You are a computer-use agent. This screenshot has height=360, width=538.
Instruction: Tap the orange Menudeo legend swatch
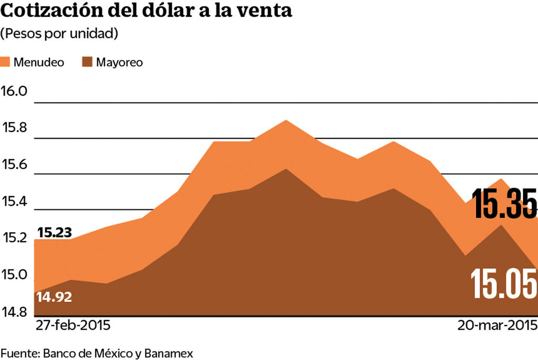click(6, 62)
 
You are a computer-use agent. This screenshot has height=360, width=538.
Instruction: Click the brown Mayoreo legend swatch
click(88, 62)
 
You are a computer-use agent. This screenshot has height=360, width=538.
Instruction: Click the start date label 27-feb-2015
click(73, 325)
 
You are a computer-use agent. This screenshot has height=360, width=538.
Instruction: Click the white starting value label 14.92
click(54, 297)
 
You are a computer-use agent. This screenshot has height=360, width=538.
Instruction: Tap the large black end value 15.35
click(504, 203)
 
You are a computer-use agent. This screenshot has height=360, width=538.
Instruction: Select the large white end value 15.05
click(504, 284)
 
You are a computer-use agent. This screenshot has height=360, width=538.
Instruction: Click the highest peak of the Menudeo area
click(285, 120)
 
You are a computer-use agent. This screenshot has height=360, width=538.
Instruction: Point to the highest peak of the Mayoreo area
click(285, 169)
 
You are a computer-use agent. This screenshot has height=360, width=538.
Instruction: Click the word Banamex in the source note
click(168, 353)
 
